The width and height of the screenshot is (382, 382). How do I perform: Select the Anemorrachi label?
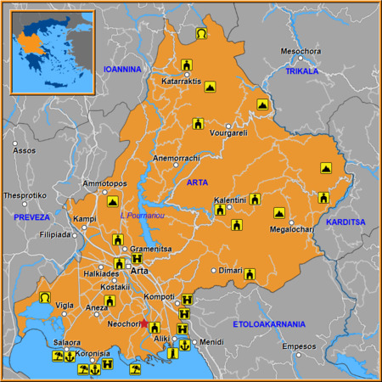tap(176, 159)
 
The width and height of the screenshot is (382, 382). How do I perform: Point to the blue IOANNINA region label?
tap(121, 69)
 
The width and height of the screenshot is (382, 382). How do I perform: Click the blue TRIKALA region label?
tap(301, 71)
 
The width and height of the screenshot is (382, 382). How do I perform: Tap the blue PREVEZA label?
tap(32, 217)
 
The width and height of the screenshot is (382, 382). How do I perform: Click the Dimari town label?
tap(232, 271)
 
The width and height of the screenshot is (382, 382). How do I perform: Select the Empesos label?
tap(299, 346)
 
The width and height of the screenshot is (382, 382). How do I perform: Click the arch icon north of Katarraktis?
tap(200, 34)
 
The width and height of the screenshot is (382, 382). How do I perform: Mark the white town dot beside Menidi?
tap(194, 342)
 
